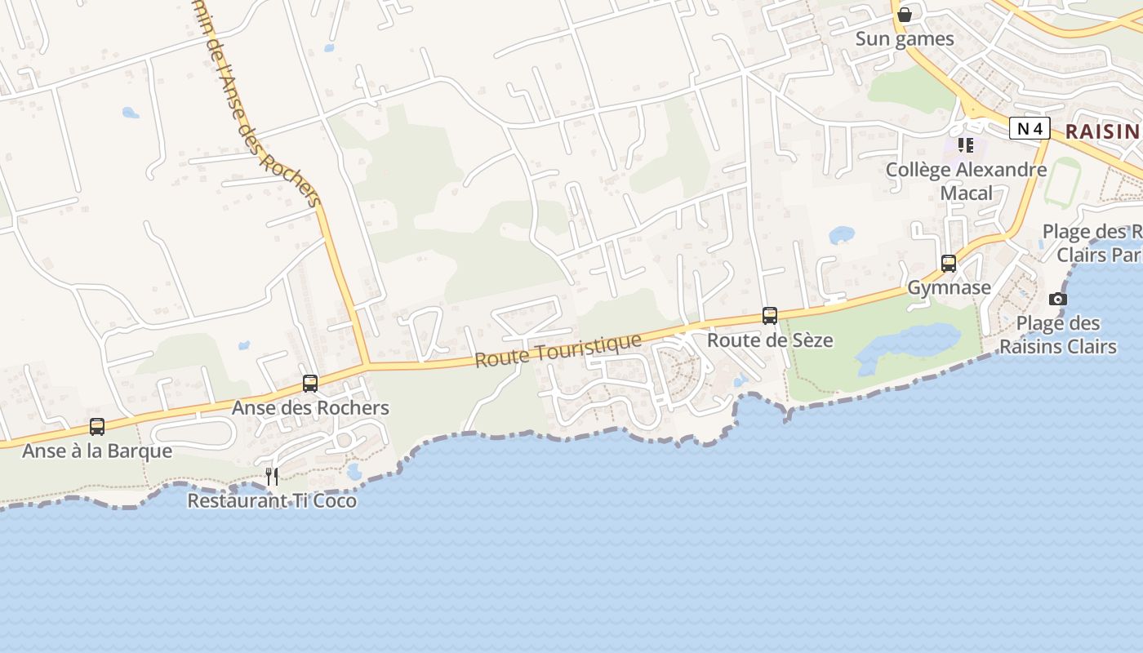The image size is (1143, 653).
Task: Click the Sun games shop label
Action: pos(904,39)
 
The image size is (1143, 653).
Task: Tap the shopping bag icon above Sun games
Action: pos(904,15)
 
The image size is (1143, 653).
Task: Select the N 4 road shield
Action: pos(1029,128)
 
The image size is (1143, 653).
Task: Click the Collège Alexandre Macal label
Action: pos(966,181)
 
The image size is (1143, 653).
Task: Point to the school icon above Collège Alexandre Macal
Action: pos(966,145)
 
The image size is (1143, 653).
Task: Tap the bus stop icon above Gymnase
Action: pos(948,264)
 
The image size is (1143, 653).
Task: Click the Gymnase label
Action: pos(949,287)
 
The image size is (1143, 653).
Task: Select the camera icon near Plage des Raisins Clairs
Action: pos(1057,299)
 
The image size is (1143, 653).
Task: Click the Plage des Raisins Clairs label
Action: pos(1057,335)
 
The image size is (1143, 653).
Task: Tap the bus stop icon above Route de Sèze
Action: pos(769,315)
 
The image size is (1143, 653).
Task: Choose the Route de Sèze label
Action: pos(770,340)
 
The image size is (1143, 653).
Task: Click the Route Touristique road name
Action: pos(558,350)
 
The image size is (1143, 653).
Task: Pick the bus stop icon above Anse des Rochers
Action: pos(309,383)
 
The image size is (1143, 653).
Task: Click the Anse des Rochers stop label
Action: pos(310,407)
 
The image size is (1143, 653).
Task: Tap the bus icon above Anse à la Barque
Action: pos(96,426)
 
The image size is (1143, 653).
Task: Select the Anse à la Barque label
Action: pos(97,451)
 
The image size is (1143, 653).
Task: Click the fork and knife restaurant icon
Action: pos(272,476)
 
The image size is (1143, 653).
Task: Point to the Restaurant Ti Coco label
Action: pos(272,500)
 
